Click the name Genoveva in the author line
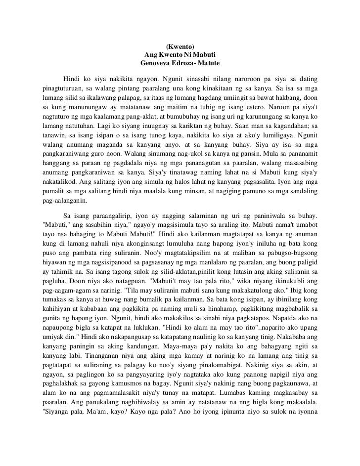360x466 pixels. click(157, 64)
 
